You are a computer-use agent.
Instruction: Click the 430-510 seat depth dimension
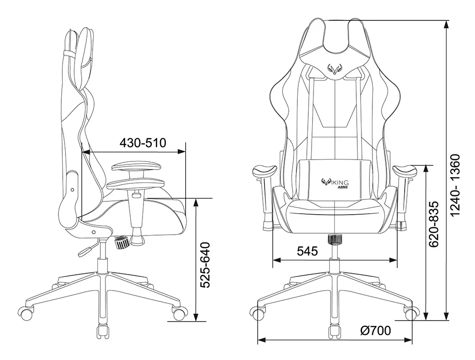[x=143, y=142]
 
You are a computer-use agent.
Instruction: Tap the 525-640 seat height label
[x=205, y=265]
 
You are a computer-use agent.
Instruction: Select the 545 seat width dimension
[x=307, y=251]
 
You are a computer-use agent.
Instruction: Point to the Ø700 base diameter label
[x=375, y=331]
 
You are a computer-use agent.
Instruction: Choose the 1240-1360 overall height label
[x=455, y=185]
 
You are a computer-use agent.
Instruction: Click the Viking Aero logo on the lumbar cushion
[x=335, y=183]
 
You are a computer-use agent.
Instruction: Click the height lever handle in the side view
[x=85, y=251]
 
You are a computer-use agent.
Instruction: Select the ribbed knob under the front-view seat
[x=335, y=239]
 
